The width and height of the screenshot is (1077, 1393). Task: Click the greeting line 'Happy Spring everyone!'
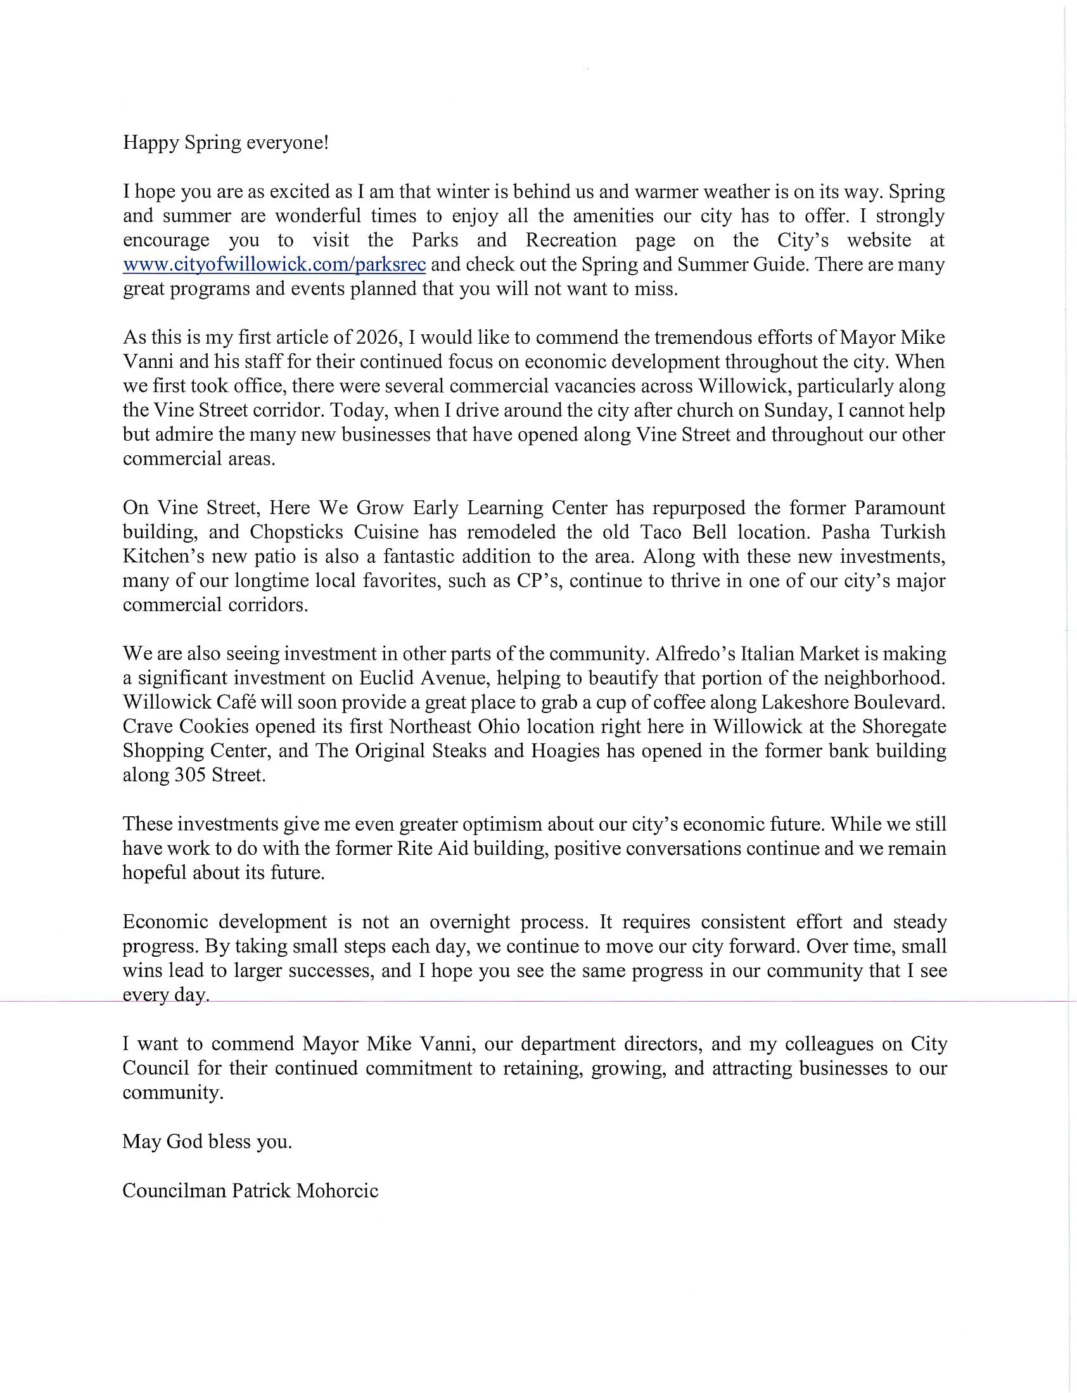tap(226, 142)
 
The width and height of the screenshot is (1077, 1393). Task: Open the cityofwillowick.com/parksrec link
tap(274, 265)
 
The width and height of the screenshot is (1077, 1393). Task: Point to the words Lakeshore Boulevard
tap(853, 702)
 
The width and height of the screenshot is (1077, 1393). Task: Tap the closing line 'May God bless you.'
tap(207, 1142)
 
